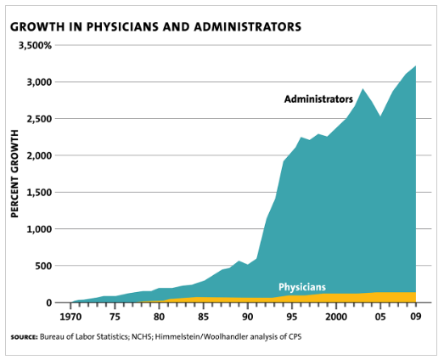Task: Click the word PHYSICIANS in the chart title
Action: pyautogui.click(x=122, y=27)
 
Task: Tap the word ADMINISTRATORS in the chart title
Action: pyautogui.click(x=248, y=27)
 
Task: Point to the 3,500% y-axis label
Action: pyautogui.click(x=35, y=45)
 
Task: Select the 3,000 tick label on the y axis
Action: pyautogui.click(x=39, y=82)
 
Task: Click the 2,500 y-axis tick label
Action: pyautogui.click(x=39, y=119)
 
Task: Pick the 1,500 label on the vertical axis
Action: pyautogui.click(x=39, y=193)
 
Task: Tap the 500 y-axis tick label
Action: pyautogui.click(x=43, y=266)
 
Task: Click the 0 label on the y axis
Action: pyautogui.click(x=49, y=303)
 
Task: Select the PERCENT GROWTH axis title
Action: pyautogui.click(x=14, y=173)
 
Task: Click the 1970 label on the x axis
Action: pyautogui.click(x=70, y=317)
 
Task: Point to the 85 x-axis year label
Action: pyautogui.click(x=203, y=317)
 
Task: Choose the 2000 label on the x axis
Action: pyautogui.click(x=336, y=317)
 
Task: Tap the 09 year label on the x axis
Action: pyautogui.click(x=416, y=317)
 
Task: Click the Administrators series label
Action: pyautogui.click(x=318, y=99)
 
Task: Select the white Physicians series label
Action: pyautogui.click(x=302, y=287)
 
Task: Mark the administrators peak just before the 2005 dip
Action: pyautogui.click(x=363, y=89)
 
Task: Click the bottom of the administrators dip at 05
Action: pyautogui.click(x=380, y=116)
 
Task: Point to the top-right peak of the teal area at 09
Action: pyautogui.click(x=415, y=65)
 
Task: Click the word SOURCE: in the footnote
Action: pyautogui.click(x=24, y=337)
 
